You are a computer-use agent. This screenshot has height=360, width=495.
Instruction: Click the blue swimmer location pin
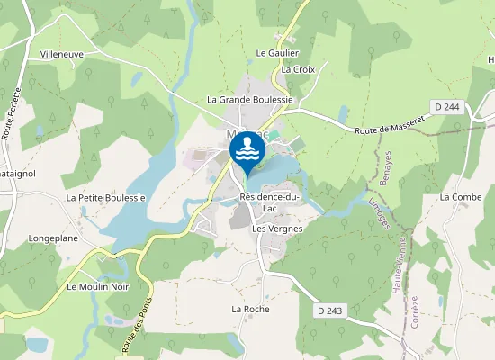click(x=247, y=151)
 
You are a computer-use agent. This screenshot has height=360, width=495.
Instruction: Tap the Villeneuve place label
click(x=62, y=55)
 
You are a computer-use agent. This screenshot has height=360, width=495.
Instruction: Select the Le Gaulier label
click(x=277, y=53)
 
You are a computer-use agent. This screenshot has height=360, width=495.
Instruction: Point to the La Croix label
click(x=299, y=69)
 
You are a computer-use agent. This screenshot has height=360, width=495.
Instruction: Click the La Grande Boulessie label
click(x=251, y=100)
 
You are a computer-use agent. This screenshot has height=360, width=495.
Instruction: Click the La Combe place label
click(x=461, y=196)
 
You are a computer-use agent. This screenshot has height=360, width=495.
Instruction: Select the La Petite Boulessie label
click(x=105, y=197)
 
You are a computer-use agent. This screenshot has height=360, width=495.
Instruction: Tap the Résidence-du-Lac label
click(x=269, y=202)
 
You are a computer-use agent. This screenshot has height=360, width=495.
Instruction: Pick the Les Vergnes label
click(x=277, y=229)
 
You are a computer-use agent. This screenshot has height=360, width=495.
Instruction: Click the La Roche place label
click(x=250, y=309)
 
